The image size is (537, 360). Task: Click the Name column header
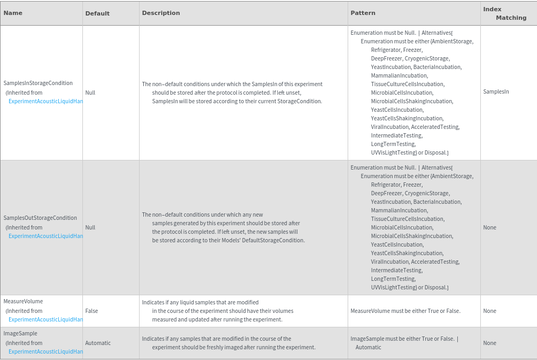point(13,13)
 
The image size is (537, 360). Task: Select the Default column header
point(97,13)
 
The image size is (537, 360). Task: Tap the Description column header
point(161,13)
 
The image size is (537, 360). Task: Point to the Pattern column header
point(363,13)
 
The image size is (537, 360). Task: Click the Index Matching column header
point(504,13)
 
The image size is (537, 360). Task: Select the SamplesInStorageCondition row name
point(38,83)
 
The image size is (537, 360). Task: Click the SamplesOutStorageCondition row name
point(40,218)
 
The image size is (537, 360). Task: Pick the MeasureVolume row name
point(23,302)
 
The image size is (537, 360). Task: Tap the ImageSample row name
point(20,334)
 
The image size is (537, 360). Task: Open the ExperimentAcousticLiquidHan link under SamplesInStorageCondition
point(45,101)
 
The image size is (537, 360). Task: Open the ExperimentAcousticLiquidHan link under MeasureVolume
point(45,319)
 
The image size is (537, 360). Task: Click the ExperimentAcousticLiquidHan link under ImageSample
point(45,351)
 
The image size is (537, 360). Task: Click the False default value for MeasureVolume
point(91,311)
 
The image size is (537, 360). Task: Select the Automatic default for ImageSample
point(98,343)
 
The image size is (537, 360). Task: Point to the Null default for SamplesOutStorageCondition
point(90,227)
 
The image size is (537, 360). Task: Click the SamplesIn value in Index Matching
point(496,92)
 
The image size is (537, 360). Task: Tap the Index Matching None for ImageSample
point(489,343)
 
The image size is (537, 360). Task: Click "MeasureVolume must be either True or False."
point(405,311)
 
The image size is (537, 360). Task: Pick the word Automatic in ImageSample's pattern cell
point(369,347)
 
